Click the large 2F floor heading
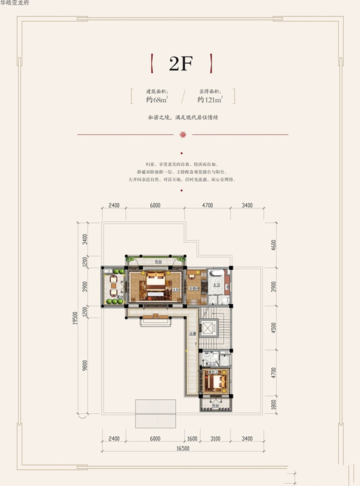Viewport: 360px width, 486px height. tap(180, 64)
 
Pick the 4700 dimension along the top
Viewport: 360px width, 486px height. tap(207, 205)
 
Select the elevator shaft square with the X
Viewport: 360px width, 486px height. tap(209, 327)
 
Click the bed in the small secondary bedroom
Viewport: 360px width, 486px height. tap(217, 382)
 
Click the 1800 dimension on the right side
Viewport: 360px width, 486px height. tap(273, 403)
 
